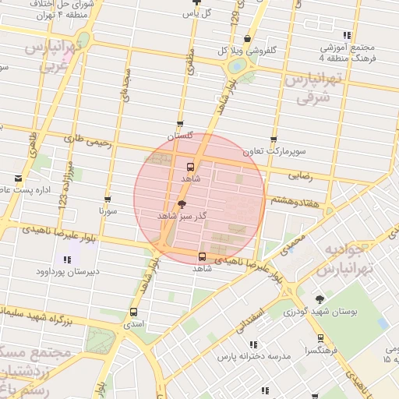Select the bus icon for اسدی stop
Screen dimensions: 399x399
click(x=132, y=312)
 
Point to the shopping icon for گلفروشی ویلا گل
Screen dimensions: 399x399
click(x=247, y=39)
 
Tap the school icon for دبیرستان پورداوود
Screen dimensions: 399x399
click(x=65, y=260)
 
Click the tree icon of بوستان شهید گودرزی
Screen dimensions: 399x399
click(x=320, y=299)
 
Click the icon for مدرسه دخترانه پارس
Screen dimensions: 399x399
click(x=252, y=344)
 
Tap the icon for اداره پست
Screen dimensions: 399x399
click(x=18, y=178)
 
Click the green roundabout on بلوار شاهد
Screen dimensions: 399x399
click(x=235, y=68)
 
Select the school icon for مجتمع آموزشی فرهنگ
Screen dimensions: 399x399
click(x=347, y=35)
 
